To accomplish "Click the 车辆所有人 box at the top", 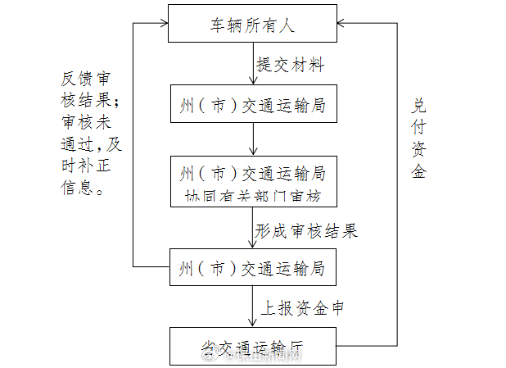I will pos(253,24).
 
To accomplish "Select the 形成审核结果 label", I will pos(306,230).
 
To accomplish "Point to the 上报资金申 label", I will pos(302,309).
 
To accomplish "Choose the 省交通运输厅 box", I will pos(253,345).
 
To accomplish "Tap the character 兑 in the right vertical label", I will pos(418,106).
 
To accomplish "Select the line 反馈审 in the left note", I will pos(86,80).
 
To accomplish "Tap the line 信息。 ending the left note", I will pos(83,189).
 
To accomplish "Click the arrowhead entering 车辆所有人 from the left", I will pos(162,24).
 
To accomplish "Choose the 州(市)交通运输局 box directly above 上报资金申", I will pos(253,269).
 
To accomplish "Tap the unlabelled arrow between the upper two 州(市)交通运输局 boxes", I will pos(253,141).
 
